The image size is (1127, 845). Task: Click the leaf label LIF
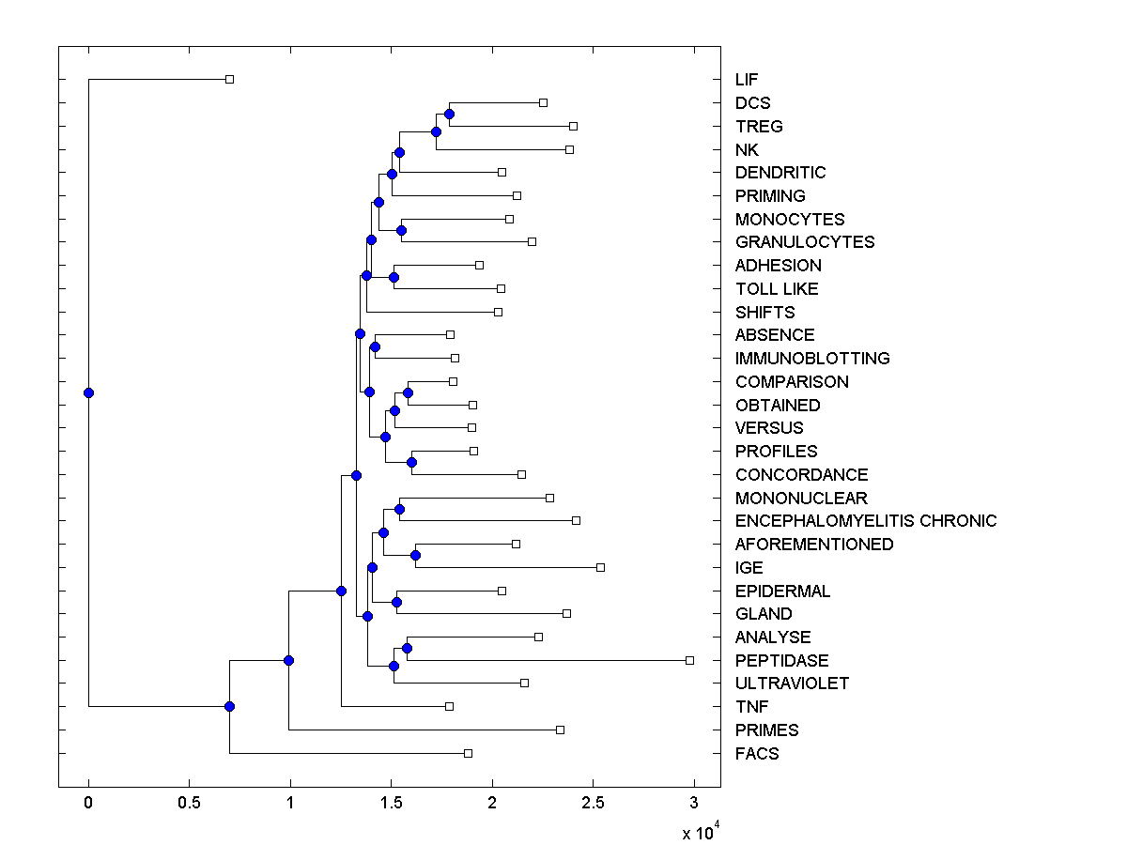point(747,80)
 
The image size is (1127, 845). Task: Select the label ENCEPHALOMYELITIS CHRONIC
point(866,521)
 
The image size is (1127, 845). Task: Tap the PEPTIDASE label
point(781,661)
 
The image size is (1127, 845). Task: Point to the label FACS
point(757,754)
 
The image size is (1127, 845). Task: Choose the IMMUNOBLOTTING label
point(812,359)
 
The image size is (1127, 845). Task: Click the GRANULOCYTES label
point(805,242)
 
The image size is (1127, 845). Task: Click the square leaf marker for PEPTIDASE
point(689,661)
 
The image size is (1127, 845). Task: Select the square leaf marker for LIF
point(229,80)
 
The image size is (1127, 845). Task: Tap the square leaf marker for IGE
point(600,567)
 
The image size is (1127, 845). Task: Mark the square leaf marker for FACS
point(468,754)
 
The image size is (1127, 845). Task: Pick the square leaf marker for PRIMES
point(560,730)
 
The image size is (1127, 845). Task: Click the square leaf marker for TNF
point(449,707)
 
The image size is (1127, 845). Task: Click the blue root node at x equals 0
point(88,393)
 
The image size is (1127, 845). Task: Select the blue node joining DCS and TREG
point(449,115)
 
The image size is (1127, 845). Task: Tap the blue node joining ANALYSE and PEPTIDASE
point(407,649)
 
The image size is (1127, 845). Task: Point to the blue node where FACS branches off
point(229,707)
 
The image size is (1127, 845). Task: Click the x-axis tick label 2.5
point(593,803)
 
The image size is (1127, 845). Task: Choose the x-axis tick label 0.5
point(189,803)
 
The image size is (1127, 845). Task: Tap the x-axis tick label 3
point(694,803)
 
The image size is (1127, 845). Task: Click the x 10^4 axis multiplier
point(700,833)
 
